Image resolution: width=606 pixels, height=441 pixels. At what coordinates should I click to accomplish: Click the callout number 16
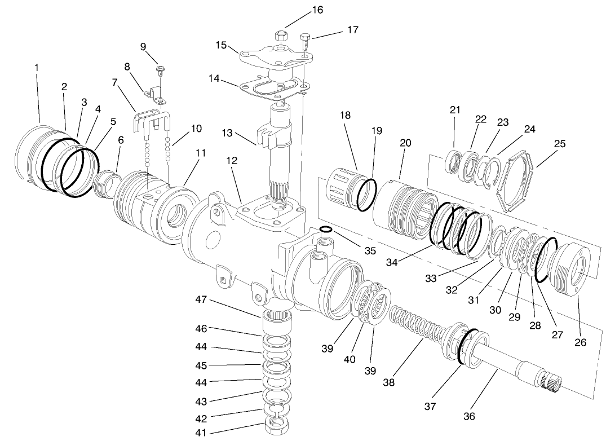click(318, 10)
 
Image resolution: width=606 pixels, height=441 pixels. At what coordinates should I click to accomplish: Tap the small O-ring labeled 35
click(325, 229)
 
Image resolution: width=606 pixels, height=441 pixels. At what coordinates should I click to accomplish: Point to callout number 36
click(469, 416)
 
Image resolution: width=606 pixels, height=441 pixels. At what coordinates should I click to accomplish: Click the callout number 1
click(37, 67)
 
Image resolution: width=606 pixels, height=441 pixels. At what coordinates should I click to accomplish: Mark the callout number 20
click(405, 143)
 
